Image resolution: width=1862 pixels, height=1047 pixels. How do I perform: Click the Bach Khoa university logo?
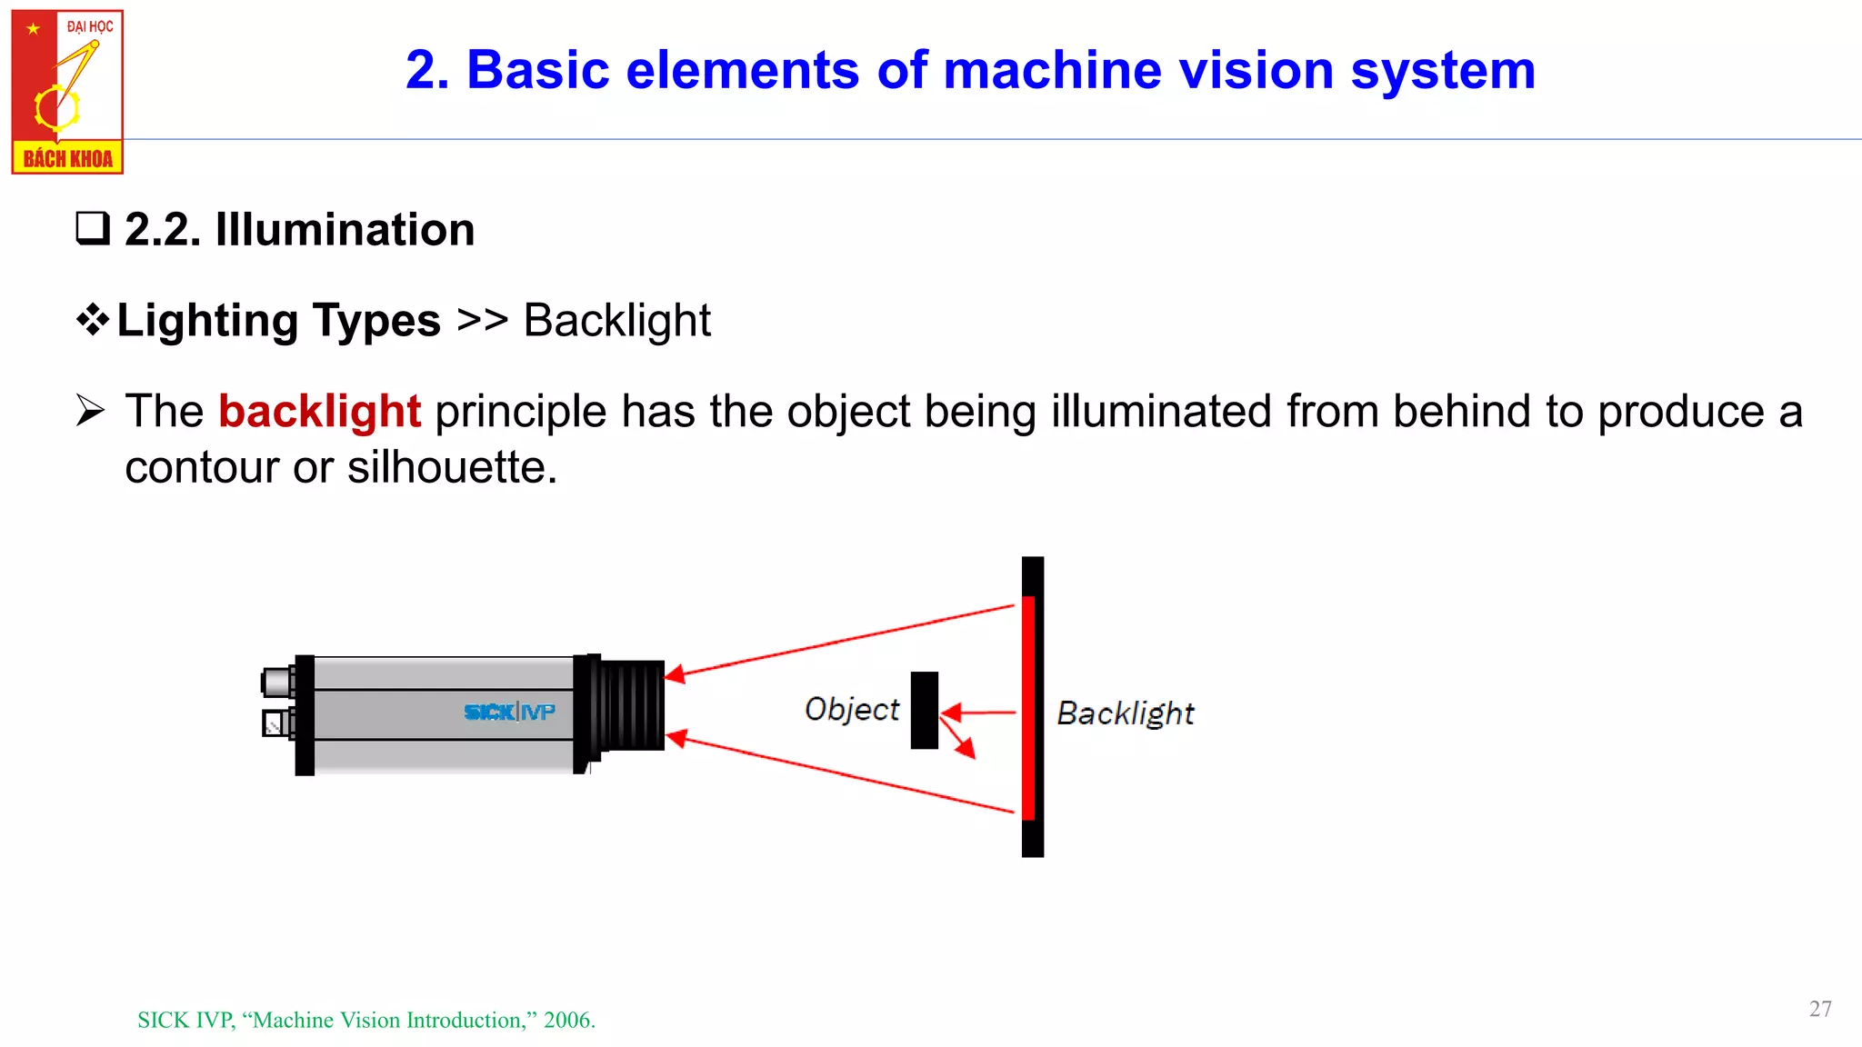coord(67,92)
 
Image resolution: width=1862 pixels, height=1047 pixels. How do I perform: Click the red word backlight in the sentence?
coord(319,412)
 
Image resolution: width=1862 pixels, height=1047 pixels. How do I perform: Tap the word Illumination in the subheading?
coord(345,229)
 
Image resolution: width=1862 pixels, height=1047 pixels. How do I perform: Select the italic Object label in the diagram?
coord(851,709)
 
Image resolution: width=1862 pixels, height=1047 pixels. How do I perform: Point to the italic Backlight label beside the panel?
coord(1125,713)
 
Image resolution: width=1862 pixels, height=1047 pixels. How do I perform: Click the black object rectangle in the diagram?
coord(924,710)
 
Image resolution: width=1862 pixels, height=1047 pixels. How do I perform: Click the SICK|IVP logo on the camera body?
coord(509,712)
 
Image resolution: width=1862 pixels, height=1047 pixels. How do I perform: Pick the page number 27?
coord(1820,1009)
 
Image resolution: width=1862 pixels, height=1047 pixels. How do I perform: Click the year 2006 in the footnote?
coord(567,1020)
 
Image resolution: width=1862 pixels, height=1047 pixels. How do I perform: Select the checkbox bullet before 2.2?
coord(92,228)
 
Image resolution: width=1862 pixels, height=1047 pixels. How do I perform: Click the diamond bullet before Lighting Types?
coord(93,319)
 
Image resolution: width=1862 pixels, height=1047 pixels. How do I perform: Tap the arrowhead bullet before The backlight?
coord(91,411)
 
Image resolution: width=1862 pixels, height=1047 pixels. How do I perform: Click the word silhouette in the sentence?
coord(451,468)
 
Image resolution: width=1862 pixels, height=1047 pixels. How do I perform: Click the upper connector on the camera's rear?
coord(277,681)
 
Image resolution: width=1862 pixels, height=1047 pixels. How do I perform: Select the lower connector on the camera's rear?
coord(276,723)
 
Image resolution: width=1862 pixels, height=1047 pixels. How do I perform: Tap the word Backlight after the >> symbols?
coord(616,321)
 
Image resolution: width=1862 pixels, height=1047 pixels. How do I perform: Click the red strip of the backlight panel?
coord(1028,709)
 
